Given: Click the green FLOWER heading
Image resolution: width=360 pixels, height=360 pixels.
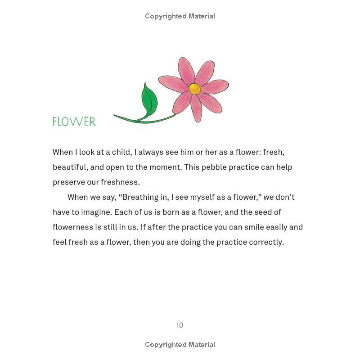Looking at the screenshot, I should [x=74, y=121].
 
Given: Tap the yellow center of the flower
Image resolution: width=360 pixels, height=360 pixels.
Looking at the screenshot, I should [x=194, y=89].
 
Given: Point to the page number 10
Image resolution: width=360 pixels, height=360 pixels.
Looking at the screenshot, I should [x=180, y=325].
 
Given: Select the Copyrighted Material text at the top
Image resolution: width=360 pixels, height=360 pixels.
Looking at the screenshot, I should [x=180, y=16].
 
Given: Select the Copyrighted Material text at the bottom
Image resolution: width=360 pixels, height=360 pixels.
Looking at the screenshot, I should [x=180, y=345].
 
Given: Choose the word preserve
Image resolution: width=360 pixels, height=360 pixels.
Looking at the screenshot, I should [x=67, y=182].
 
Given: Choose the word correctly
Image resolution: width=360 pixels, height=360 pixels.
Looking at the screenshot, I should [x=266, y=242].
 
